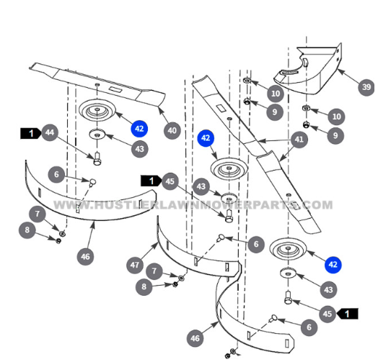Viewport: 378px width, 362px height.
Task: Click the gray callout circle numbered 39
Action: point(366,87)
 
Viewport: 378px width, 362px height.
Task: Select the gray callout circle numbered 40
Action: point(172,130)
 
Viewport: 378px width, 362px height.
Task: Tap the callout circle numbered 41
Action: point(299,140)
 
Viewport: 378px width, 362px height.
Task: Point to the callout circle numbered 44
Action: point(50,132)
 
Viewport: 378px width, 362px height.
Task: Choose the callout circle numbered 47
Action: point(135,265)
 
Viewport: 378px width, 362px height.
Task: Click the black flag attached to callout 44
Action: point(30,133)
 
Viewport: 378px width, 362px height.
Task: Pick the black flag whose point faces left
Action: point(347,314)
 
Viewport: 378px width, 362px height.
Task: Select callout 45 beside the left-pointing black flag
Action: point(328,314)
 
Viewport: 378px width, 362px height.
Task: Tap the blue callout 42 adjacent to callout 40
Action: point(139,129)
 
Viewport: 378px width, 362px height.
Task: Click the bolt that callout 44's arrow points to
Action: point(97,158)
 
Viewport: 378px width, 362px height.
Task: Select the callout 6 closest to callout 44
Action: point(56,174)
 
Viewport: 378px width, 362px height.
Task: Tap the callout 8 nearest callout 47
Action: point(144,286)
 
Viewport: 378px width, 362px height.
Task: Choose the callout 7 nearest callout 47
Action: point(154,271)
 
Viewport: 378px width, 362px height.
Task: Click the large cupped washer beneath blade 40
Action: point(97,110)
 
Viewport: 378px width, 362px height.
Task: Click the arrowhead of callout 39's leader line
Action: point(339,71)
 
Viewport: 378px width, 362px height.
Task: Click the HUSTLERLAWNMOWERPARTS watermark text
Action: point(193,205)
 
